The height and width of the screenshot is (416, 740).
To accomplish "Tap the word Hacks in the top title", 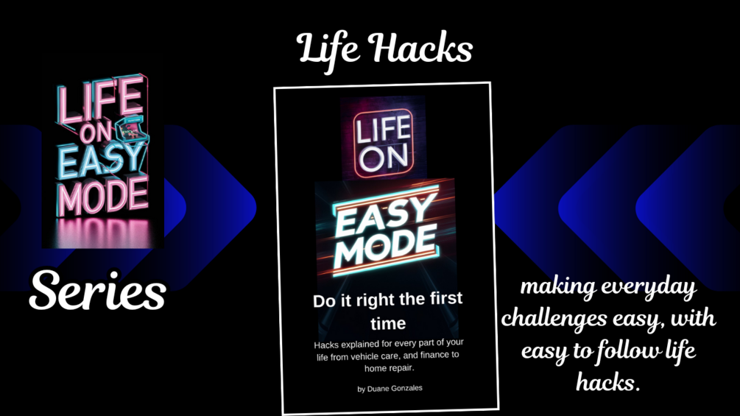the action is [x=420, y=48].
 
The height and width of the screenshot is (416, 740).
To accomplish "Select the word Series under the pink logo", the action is [x=98, y=290].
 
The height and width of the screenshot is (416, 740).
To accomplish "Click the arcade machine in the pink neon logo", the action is [x=132, y=129].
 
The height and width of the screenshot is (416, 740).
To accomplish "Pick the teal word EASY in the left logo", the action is [x=102, y=161].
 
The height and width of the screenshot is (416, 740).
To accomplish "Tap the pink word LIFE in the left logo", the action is [x=100, y=100].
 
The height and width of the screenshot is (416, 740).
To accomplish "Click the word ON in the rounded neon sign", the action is [x=383, y=157].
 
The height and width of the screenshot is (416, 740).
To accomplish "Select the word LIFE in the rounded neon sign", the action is [x=383, y=130].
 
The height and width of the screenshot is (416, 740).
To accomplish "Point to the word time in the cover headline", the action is [x=388, y=323].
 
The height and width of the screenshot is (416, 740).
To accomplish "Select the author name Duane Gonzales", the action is [x=395, y=388].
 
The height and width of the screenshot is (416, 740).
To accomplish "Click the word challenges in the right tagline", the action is [x=563, y=319].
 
